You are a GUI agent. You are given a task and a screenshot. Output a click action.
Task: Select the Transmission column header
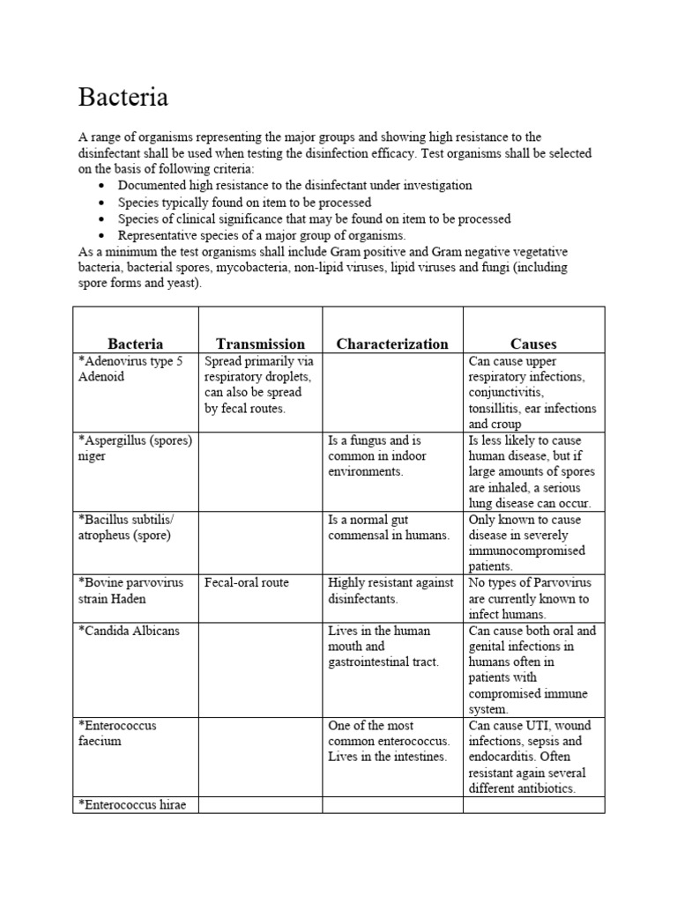pyautogui.click(x=260, y=344)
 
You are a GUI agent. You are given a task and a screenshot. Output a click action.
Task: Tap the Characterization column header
pyautogui.click(x=392, y=344)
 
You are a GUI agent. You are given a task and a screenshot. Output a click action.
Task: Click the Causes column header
pyautogui.click(x=533, y=344)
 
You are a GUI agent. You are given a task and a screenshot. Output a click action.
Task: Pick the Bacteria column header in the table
pyautogui.click(x=136, y=344)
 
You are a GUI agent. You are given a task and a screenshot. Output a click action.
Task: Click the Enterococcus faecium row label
pyautogui.click(x=118, y=733)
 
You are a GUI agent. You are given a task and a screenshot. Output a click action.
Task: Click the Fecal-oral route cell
pyautogui.click(x=247, y=583)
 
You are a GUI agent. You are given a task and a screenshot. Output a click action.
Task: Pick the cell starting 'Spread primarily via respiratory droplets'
pyautogui.click(x=259, y=385)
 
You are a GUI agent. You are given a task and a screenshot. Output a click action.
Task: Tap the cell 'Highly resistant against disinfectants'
pyautogui.click(x=391, y=591)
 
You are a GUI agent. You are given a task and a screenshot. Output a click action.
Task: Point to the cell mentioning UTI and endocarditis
pyautogui.click(x=532, y=757)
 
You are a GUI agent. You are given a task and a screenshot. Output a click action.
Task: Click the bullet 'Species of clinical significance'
pyautogui.click(x=314, y=218)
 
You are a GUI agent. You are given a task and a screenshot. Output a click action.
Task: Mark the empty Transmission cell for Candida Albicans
pyautogui.click(x=260, y=669)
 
